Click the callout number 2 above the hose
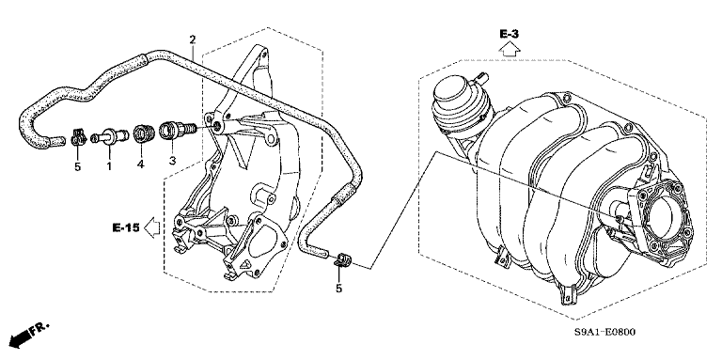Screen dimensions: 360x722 [x=192, y=39]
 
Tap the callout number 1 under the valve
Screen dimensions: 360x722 [x=108, y=166]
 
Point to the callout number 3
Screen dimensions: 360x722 [x=172, y=162]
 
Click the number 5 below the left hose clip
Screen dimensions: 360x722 [x=77, y=167]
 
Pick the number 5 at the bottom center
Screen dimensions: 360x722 [x=340, y=289]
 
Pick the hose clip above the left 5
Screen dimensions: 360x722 [x=78, y=139]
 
